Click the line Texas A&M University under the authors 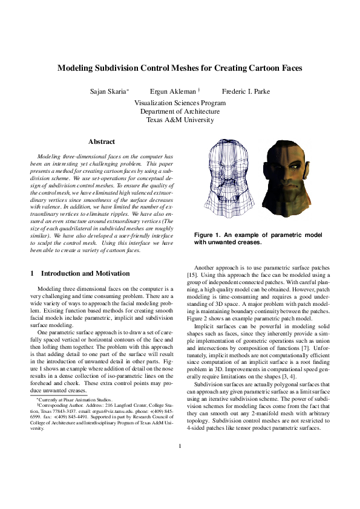click(x=180, y=120)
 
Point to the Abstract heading click(x=101, y=141)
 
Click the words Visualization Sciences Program click(x=180, y=103)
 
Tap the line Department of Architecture click(x=180, y=111)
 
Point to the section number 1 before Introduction click(x=32, y=273)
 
